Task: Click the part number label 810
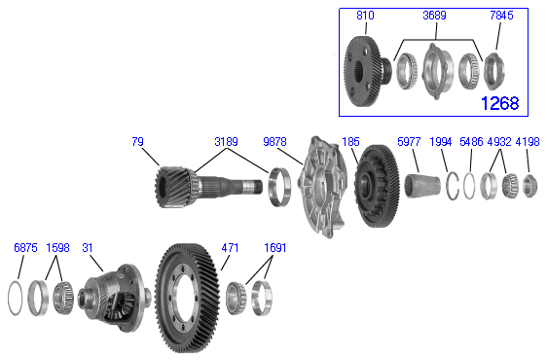(365, 16)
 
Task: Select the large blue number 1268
(500, 103)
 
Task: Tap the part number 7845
(501, 16)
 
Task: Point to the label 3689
(434, 16)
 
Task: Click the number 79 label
(137, 142)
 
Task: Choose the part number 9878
(274, 142)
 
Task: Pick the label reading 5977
(409, 142)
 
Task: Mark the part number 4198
(528, 142)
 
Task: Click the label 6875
(25, 248)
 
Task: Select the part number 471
(230, 248)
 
